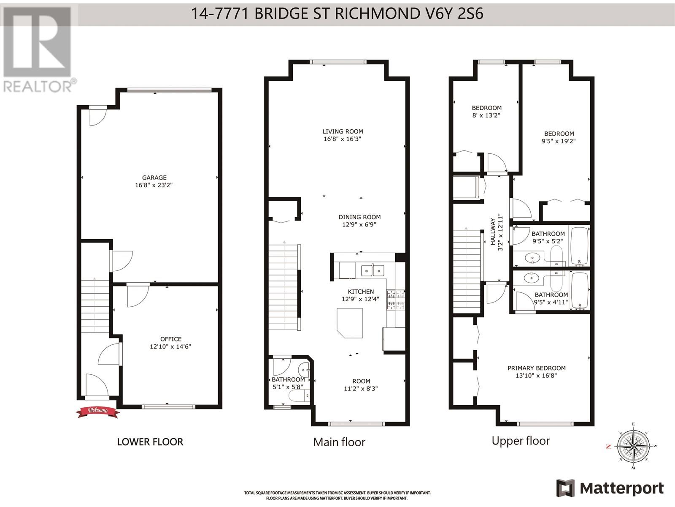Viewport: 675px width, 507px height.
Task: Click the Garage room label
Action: [x=154, y=178]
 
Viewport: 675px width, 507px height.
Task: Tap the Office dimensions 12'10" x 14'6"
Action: [x=170, y=346]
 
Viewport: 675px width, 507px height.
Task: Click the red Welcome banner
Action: [x=97, y=411]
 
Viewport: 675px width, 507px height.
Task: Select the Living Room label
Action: [x=343, y=131]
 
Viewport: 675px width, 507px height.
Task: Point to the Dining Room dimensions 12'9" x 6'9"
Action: [x=359, y=225]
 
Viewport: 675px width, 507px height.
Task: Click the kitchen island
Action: [x=349, y=322]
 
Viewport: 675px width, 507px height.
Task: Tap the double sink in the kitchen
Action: [x=372, y=270]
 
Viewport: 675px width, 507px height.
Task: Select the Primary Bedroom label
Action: [x=536, y=368]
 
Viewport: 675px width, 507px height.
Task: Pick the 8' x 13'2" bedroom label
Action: [x=486, y=112]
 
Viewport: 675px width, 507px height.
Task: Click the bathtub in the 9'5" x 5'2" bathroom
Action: [x=580, y=246]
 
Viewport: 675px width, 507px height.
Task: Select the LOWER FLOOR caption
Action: [x=150, y=442]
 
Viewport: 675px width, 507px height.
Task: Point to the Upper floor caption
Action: [x=521, y=441]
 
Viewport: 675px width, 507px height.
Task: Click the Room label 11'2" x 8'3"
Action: [x=361, y=385]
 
